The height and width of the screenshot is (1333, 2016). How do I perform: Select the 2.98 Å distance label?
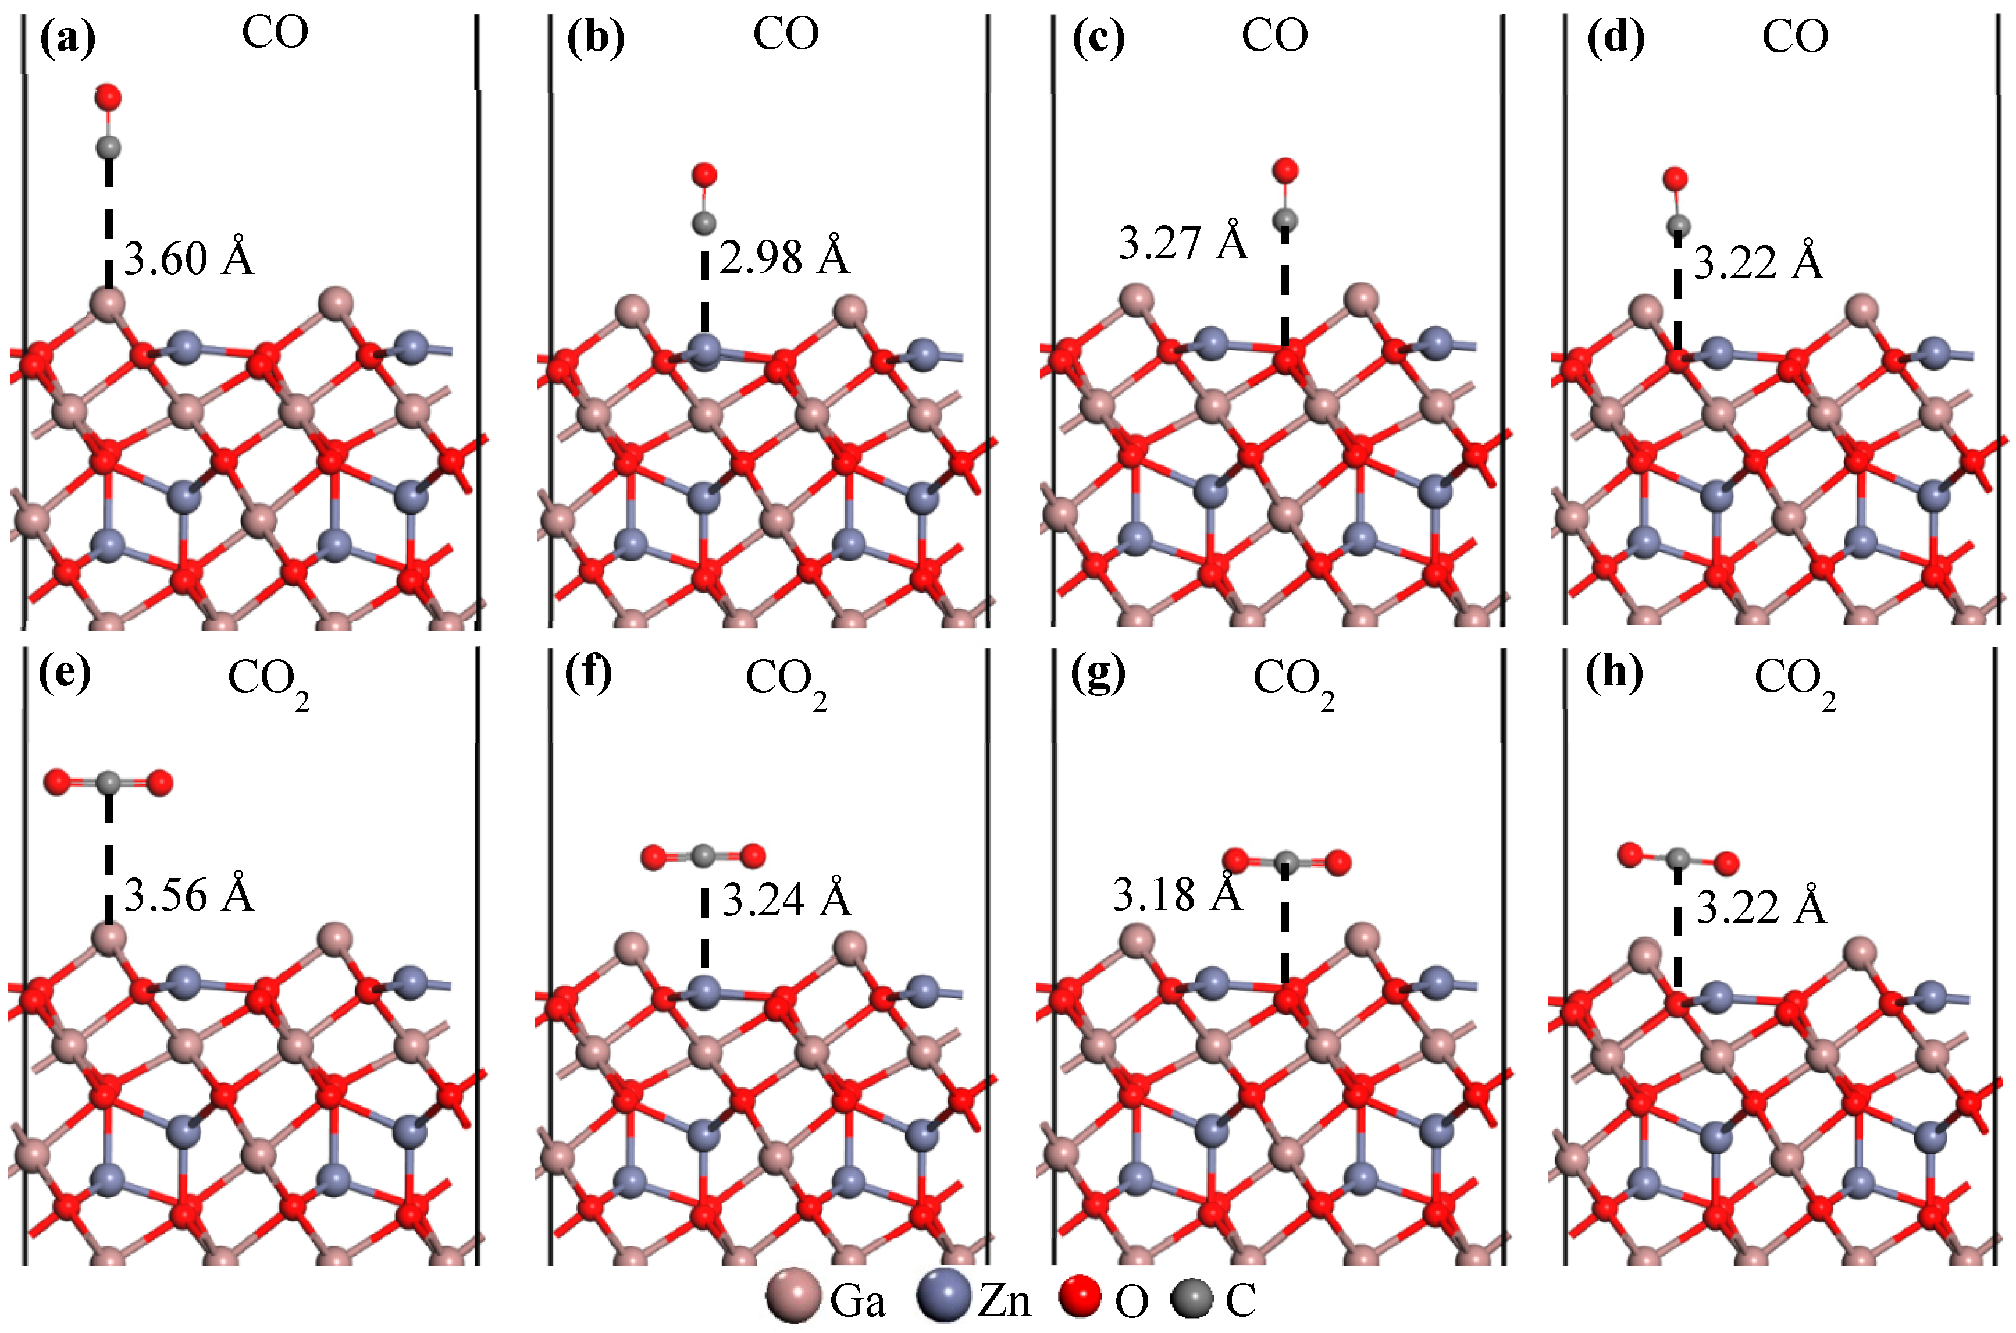[783, 257]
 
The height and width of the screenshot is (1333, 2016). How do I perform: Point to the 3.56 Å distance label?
[188, 895]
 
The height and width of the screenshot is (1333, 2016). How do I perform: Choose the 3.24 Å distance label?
[786, 898]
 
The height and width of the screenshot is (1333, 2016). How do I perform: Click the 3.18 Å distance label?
[1177, 894]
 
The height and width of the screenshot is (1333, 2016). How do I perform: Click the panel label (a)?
[67, 39]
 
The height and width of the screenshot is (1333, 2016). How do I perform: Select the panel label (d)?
[1616, 39]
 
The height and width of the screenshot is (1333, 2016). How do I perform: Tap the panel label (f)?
[588, 675]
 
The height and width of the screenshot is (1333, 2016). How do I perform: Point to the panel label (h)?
[1615, 675]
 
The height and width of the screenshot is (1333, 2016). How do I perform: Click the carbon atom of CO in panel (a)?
[108, 148]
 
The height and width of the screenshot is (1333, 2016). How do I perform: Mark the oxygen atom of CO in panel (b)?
[704, 175]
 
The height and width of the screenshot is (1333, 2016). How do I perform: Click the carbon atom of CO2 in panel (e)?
[108, 782]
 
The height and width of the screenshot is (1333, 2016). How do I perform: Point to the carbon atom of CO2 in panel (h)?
[1677, 859]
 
